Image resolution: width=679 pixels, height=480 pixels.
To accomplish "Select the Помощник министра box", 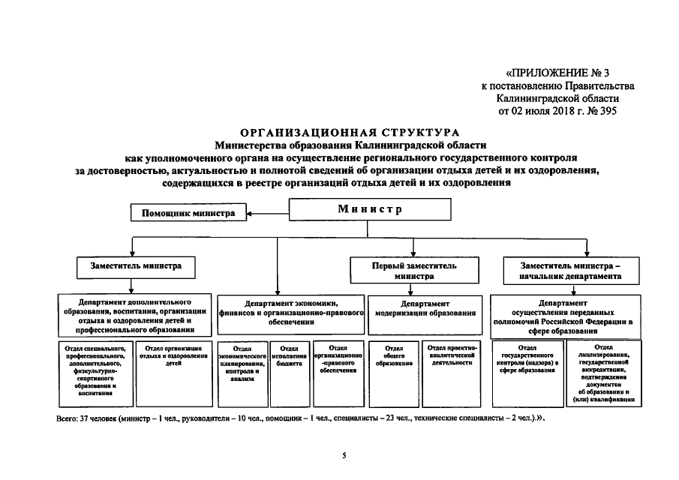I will (188, 213).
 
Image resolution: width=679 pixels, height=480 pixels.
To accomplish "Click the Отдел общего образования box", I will (394, 373).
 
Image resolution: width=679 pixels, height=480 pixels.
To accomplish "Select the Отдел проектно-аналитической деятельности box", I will (451, 373).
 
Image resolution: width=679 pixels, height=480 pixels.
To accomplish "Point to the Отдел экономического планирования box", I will (242, 373).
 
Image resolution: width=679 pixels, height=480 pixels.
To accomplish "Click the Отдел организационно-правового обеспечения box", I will (338, 373).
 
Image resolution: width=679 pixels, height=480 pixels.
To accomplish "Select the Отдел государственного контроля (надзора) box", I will (527, 373).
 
